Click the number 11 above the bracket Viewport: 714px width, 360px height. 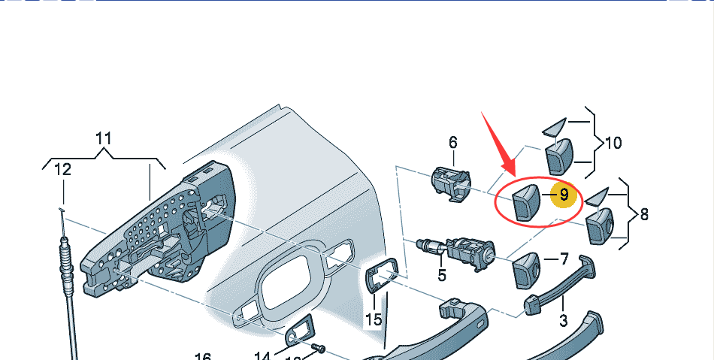(x=104, y=138)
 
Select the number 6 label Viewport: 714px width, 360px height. (x=453, y=142)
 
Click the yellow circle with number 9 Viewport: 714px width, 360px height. (x=563, y=194)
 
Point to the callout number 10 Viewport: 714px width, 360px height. (x=613, y=142)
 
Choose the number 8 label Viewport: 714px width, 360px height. (x=643, y=214)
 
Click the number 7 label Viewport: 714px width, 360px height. (x=563, y=259)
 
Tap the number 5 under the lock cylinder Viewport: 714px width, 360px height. (x=442, y=275)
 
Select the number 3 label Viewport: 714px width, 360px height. (x=563, y=322)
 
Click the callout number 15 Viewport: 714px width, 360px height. (x=374, y=319)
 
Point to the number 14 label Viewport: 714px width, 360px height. (x=262, y=356)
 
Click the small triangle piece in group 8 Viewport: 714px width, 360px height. (x=594, y=197)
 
